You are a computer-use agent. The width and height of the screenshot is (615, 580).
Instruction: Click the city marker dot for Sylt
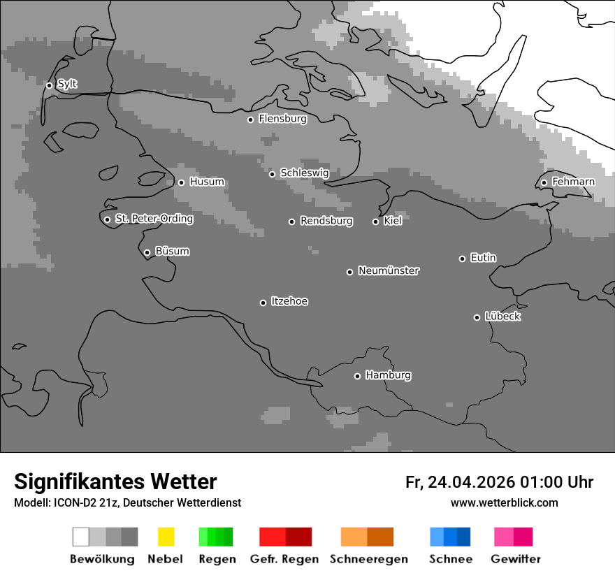(49, 86)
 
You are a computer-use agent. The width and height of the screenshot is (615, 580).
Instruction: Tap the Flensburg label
(282, 119)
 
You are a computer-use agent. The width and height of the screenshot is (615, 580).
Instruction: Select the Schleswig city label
(304, 173)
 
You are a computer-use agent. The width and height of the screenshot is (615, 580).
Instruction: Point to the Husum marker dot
(181, 182)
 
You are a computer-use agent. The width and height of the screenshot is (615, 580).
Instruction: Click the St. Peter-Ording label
(154, 219)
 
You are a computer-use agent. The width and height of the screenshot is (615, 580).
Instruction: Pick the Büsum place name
(172, 251)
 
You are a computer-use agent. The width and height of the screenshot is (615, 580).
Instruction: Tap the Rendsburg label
(326, 221)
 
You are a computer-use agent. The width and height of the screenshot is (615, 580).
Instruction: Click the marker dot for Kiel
(375, 222)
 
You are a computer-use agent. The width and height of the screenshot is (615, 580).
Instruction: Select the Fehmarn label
(573, 182)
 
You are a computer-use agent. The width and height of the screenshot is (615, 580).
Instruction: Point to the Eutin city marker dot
(462, 259)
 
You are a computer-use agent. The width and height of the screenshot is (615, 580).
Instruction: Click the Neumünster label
(389, 270)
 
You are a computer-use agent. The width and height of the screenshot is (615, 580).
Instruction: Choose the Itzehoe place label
(289, 301)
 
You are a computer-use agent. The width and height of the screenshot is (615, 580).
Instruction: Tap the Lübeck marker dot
(477, 317)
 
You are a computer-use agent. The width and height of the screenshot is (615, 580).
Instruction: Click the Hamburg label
(388, 375)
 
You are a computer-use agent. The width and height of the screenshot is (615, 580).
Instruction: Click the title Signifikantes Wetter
(115, 481)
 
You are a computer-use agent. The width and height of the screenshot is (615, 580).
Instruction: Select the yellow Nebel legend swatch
(166, 537)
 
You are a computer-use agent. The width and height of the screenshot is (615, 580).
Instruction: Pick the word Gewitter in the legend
(515, 559)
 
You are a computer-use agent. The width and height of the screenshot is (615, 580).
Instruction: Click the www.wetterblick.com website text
(504, 502)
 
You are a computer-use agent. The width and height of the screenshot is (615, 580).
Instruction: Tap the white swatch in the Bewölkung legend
(81, 537)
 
